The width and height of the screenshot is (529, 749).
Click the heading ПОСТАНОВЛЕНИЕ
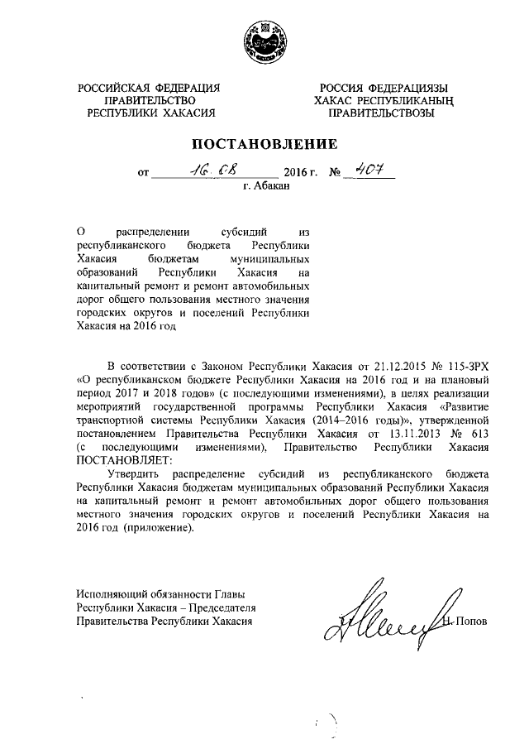(264, 142)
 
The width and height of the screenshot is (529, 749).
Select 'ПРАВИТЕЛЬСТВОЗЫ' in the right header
(388, 113)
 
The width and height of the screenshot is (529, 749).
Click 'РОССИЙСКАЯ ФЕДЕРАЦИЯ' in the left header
(149, 88)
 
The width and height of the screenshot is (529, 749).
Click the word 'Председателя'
(220, 607)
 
